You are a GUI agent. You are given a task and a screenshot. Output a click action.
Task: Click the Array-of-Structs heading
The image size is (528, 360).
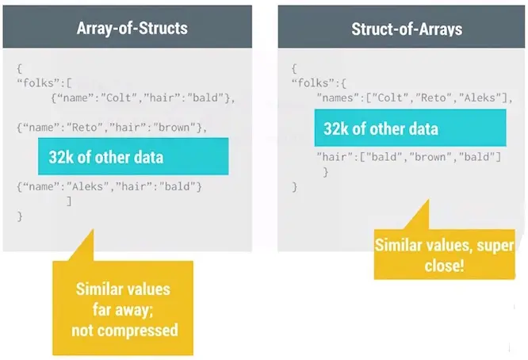pyautogui.click(x=132, y=28)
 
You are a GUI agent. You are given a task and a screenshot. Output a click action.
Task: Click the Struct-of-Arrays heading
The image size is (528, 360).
pyautogui.click(x=407, y=29)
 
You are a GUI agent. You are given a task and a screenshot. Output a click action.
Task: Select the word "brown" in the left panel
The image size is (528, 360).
pyautogui.click(x=174, y=128)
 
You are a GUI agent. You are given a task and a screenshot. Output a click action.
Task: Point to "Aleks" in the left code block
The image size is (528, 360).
pyautogui.click(x=87, y=186)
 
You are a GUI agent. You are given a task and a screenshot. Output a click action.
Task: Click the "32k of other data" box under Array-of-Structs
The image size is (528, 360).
pyautogui.click(x=133, y=156)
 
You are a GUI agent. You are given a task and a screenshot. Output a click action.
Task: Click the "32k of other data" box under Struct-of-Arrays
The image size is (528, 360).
pyautogui.click(x=410, y=128)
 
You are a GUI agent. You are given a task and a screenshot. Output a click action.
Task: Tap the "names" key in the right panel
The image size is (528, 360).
pyautogui.click(x=336, y=98)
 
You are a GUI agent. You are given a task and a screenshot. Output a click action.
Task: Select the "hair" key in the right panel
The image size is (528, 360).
pyautogui.click(x=333, y=157)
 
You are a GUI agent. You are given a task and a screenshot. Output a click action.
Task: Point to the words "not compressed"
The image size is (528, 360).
pyautogui.click(x=124, y=331)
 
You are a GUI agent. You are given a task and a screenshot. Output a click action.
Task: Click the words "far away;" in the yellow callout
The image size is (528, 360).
pyautogui.click(x=123, y=310)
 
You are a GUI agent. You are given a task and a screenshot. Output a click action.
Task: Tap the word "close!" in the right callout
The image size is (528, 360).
pyautogui.click(x=445, y=266)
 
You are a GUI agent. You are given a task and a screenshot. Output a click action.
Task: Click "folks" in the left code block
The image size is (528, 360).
pyautogui.click(x=39, y=83)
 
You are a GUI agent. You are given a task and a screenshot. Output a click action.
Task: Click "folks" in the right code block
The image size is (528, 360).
pyautogui.click(x=313, y=83)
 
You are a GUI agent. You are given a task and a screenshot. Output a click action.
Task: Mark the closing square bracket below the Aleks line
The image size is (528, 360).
pyautogui.click(x=69, y=201)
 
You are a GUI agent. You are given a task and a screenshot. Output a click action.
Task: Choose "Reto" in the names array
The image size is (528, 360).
pyautogui.click(x=436, y=98)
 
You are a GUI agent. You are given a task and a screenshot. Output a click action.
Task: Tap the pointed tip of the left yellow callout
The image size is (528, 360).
pyautogui.click(x=93, y=230)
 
